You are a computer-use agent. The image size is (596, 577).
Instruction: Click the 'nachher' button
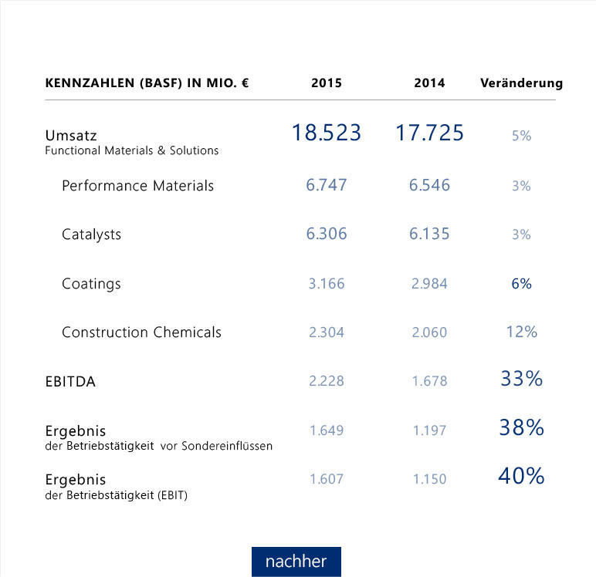point(296,562)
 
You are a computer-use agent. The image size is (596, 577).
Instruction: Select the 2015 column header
point(326,83)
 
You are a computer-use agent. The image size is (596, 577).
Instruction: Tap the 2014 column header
point(429,83)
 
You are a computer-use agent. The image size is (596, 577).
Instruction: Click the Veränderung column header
point(521,83)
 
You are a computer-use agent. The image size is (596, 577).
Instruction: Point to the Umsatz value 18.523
point(326,133)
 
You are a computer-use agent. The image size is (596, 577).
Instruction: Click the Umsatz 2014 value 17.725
point(429,133)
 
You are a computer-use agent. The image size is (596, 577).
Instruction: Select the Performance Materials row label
point(137,186)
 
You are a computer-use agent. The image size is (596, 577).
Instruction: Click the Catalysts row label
point(91,235)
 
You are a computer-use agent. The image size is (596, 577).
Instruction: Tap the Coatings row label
point(91,284)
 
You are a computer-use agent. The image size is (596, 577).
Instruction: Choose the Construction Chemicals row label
point(141,332)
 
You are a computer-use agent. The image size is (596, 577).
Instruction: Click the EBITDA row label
point(70,381)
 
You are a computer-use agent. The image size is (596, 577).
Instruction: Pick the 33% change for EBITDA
point(521,379)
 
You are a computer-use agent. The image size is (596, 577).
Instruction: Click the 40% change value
point(521,477)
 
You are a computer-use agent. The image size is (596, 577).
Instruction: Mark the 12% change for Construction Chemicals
point(521,332)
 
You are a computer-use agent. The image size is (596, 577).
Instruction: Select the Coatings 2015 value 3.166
point(326,284)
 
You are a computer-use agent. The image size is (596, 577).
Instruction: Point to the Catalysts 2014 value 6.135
point(429,235)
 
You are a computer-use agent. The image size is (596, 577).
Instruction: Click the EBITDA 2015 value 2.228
point(326,381)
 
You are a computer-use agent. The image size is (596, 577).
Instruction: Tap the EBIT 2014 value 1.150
point(429,479)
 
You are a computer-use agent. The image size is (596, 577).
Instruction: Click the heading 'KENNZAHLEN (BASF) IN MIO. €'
point(147,83)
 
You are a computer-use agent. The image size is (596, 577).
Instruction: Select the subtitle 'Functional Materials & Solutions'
point(131,150)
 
